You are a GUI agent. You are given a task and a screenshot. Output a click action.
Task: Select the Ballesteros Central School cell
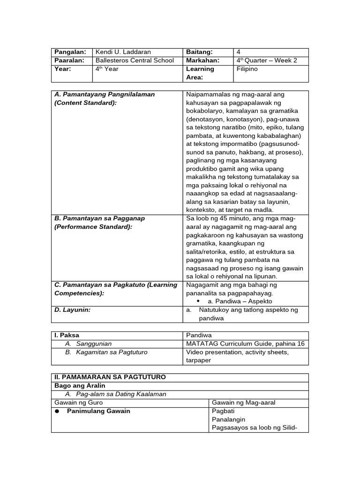click(x=135, y=60)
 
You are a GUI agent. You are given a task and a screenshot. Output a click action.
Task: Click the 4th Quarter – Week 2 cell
click(x=266, y=60)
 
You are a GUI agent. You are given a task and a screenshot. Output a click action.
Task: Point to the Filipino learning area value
click(x=247, y=69)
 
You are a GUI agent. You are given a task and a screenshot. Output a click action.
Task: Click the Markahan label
click(x=202, y=60)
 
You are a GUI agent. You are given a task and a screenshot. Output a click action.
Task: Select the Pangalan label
click(x=70, y=52)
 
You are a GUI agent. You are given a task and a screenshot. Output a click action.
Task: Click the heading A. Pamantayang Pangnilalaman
click(x=105, y=94)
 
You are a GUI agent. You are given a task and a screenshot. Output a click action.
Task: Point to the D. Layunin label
click(x=73, y=310)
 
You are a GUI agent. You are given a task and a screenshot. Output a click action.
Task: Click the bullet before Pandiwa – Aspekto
click(x=199, y=301)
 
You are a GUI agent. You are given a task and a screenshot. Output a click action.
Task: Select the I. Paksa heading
click(x=67, y=335)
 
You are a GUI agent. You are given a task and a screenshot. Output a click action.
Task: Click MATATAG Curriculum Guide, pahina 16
click(x=245, y=344)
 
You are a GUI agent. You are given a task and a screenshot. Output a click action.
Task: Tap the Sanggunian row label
click(x=88, y=344)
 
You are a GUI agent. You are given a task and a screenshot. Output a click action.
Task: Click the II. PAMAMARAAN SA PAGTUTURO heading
click(x=110, y=377)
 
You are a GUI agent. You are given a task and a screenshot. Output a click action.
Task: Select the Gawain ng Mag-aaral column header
click(x=244, y=403)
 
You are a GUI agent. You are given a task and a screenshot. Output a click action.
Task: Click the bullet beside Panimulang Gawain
click(x=57, y=411)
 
